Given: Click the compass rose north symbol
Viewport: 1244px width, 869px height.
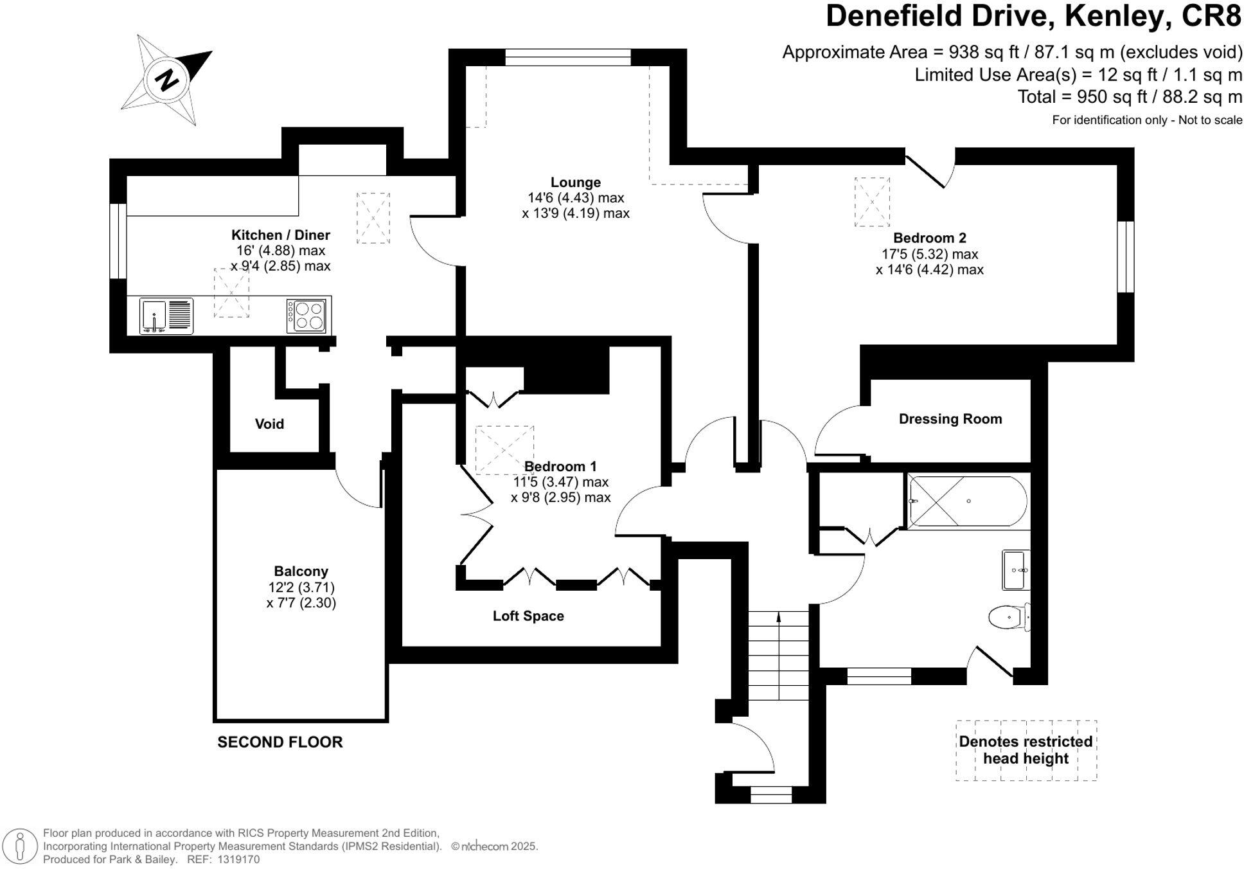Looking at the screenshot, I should click(167, 80).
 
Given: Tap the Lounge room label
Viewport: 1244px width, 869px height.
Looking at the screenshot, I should click(575, 183).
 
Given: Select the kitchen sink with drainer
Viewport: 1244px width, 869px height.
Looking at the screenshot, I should click(166, 316).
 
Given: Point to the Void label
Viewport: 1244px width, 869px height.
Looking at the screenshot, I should click(269, 424).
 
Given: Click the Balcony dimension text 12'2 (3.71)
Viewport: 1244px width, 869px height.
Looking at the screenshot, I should click(301, 587).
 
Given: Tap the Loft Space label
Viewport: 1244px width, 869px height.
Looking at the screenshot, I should click(528, 616).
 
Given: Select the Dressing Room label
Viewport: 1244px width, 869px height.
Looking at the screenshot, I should click(950, 419).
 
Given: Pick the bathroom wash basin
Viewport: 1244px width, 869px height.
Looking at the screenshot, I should click(1016, 570).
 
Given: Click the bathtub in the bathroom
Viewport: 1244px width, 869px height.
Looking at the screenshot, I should click(967, 501).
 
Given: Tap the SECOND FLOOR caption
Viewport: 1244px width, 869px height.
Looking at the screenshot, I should click(280, 742).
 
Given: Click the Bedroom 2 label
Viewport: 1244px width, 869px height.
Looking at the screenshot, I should click(929, 238).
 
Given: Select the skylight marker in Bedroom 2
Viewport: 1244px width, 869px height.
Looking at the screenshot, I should click(872, 202).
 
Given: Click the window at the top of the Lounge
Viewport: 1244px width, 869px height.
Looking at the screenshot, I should click(568, 58).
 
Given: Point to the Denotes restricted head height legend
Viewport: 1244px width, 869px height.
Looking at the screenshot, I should click(1026, 750).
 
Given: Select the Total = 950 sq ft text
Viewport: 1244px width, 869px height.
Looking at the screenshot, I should click(1129, 97).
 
